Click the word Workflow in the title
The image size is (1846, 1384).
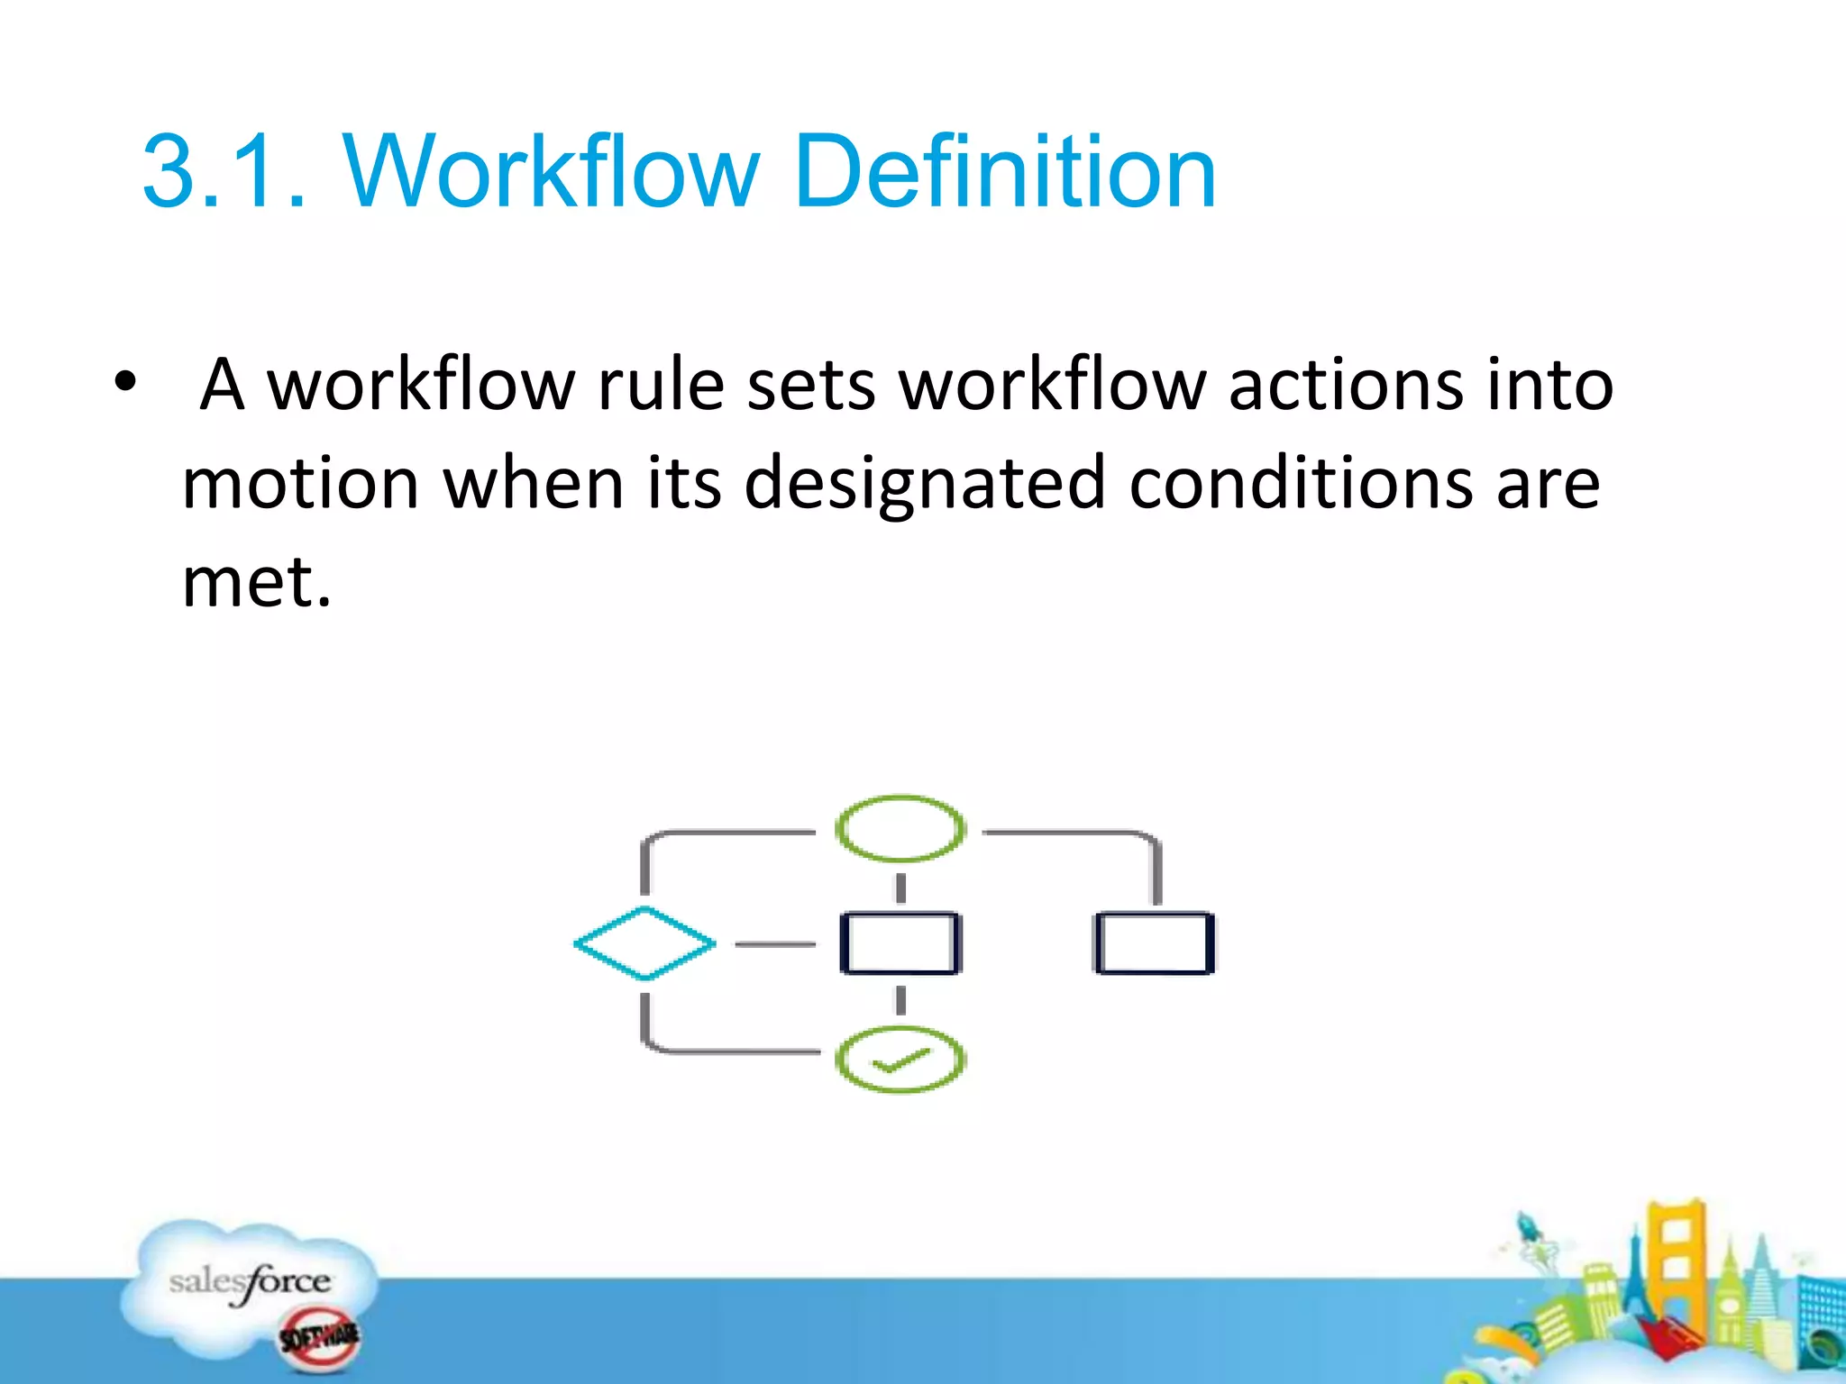click(552, 171)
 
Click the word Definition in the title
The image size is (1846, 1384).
click(1005, 171)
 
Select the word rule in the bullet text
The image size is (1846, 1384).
click(661, 386)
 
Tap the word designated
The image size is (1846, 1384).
click(924, 484)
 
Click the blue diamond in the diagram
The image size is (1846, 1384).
click(645, 943)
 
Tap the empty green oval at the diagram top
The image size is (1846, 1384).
click(900, 828)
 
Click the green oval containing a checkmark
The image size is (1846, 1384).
click(900, 1060)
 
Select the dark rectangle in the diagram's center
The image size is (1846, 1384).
click(900, 943)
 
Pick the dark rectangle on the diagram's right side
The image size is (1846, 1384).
click(1155, 943)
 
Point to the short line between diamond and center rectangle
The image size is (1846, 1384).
click(775, 944)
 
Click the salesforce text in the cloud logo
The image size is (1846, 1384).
click(250, 1281)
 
